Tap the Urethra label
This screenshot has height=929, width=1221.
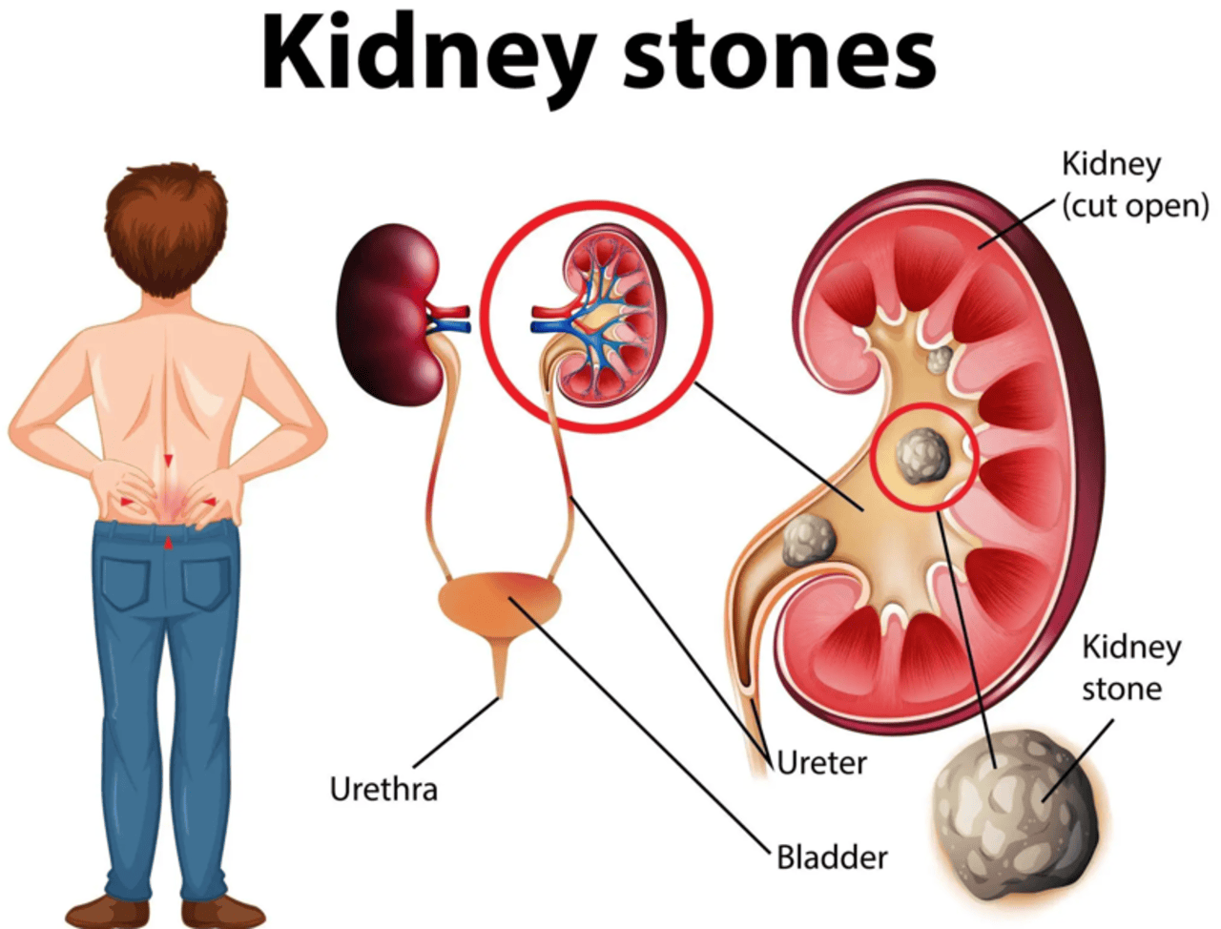[x=383, y=789]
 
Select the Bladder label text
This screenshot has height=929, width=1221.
[x=832, y=857]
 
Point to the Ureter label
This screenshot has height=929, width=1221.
[x=821, y=762]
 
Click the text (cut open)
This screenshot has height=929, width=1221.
[x=1135, y=206]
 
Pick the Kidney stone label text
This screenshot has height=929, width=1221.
[x=1131, y=668]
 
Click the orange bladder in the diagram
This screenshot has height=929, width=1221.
[x=500, y=605]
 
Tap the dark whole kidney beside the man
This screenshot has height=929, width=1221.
[x=389, y=314]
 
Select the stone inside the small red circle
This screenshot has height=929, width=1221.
[x=921, y=458]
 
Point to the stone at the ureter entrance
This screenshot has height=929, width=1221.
[x=808, y=540]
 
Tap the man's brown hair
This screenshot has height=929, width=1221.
[x=166, y=228]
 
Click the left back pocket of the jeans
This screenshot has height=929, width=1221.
[x=126, y=584]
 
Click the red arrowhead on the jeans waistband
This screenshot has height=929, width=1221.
[x=168, y=543]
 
